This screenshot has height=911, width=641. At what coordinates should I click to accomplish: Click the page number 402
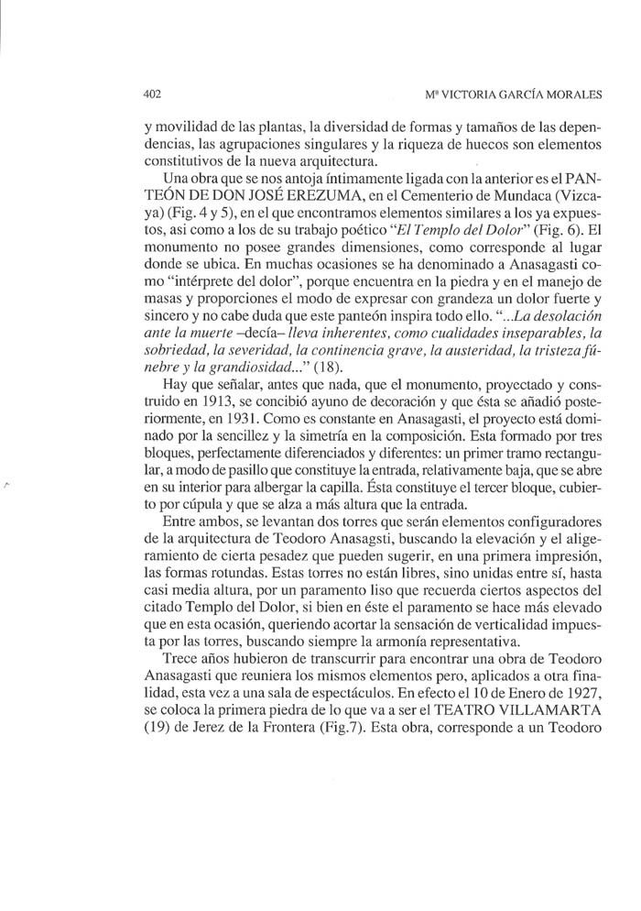(x=152, y=94)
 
